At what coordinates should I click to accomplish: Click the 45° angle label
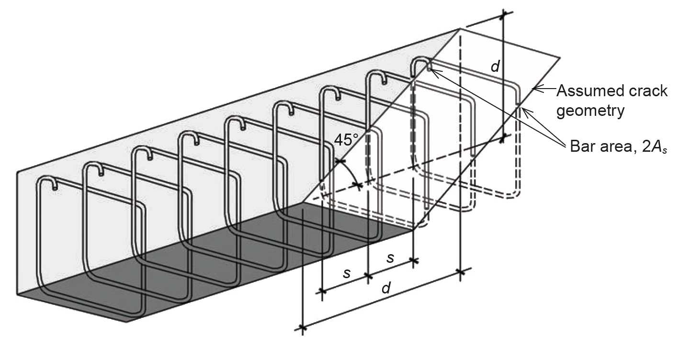coord(346,140)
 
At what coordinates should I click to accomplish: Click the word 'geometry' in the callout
coord(590,111)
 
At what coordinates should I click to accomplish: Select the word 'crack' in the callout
coord(649,90)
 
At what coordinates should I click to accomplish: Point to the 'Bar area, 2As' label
coord(618,146)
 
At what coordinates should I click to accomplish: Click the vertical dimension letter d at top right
coord(495,67)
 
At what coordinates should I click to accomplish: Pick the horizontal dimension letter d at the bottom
coord(386,288)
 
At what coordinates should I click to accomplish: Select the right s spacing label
coord(390,258)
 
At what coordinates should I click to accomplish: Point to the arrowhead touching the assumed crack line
coord(537,89)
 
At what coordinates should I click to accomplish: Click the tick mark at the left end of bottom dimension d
coord(303,327)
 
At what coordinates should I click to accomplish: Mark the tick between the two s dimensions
coord(368,276)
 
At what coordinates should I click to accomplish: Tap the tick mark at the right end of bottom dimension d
coord(461,272)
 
